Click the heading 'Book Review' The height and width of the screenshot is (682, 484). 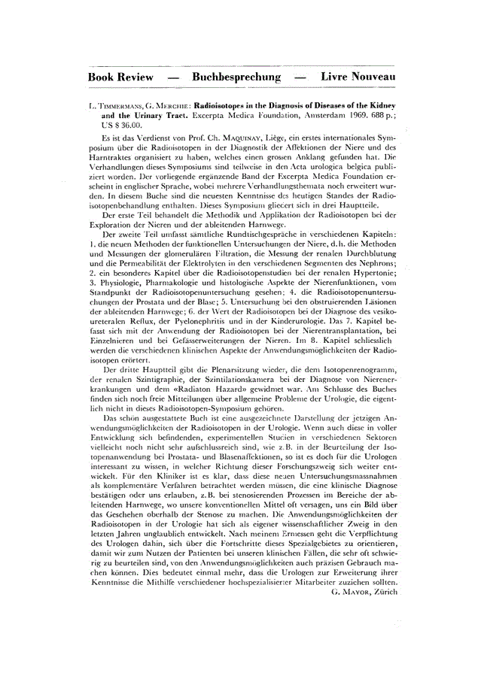[120, 77]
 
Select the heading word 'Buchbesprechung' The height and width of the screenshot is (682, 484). [236, 77]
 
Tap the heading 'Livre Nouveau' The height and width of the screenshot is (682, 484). [358, 77]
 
